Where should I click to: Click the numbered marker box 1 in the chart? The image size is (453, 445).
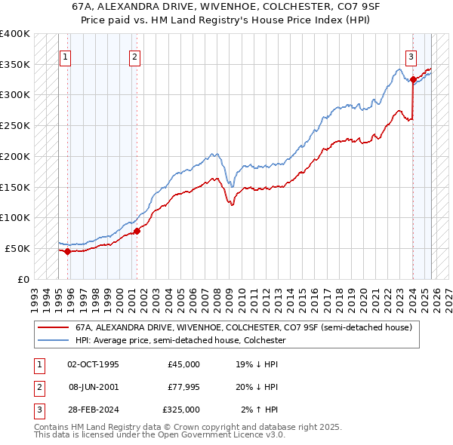click(x=66, y=56)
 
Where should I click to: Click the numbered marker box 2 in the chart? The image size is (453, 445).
click(x=134, y=56)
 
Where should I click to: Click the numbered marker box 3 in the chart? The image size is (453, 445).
click(x=411, y=56)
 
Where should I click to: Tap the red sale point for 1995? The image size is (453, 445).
click(x=67, y=251)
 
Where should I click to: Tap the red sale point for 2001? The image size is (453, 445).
click(x=137, y=231)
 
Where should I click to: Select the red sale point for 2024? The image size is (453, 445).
click(x=413, y=79)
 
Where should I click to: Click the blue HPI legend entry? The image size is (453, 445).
click(x=180, y=340)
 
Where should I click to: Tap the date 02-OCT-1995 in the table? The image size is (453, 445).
click(x=93, y=364)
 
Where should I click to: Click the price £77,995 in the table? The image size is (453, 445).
click(x=183, y=387)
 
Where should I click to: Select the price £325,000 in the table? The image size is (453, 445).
click(x=181, y=410)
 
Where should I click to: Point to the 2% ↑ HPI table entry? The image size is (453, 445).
click(x=260, y=410)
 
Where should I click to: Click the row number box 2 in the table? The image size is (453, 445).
click(x=37, y=387)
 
